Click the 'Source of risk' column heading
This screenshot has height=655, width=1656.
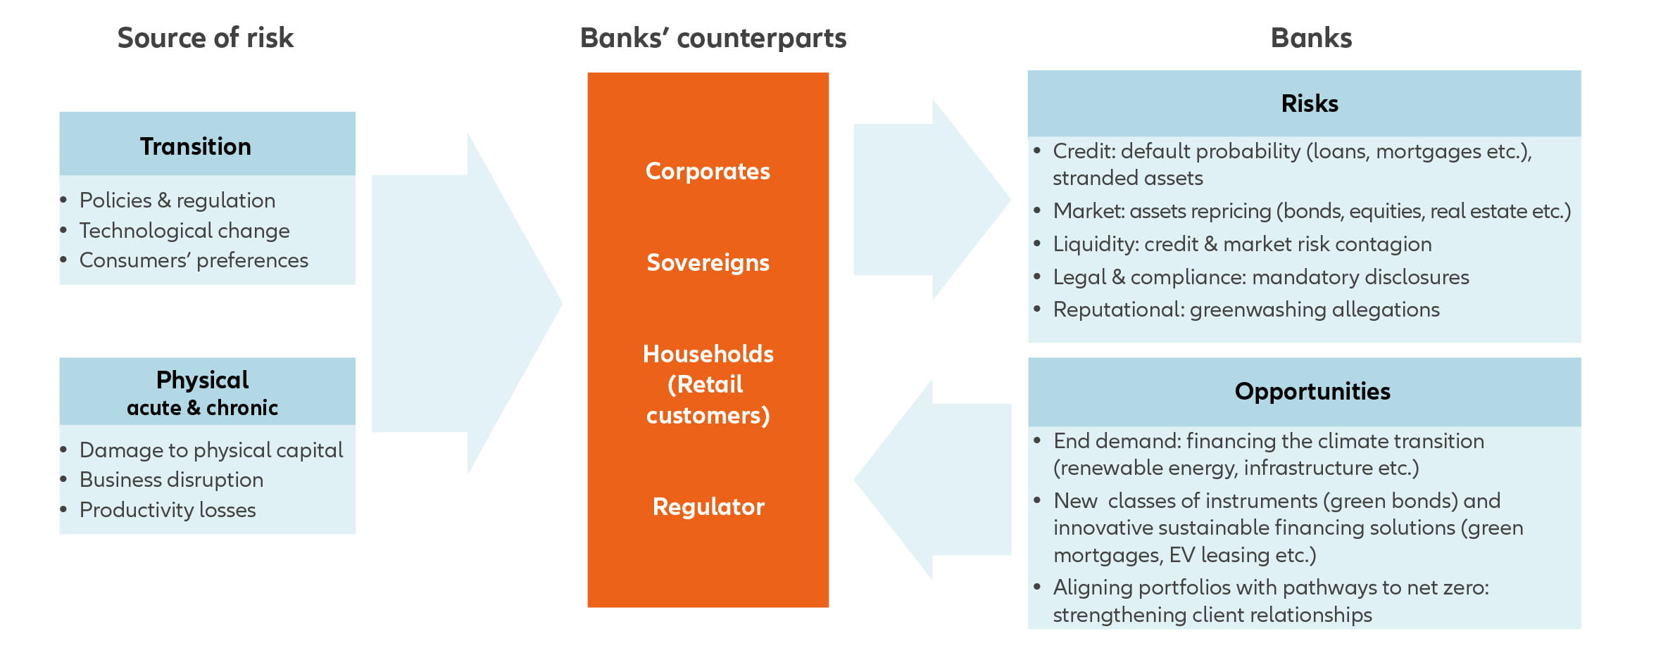[x=205, y=38]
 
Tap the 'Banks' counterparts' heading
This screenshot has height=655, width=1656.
[x=713, y=38]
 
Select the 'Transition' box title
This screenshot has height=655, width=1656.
[x=196, y=146]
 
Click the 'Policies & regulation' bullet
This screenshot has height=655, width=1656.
[x=177, y=201]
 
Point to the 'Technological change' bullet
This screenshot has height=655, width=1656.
[x=184, y=231]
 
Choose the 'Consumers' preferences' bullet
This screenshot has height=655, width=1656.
[x=194, y=260]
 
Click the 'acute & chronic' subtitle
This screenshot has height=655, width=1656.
[x=202, y=408]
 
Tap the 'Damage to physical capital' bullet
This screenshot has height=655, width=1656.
[x=211, y=450]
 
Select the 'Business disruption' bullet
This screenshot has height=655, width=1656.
[x=171, y=480]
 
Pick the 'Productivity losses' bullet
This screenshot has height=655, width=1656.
[x=168, y=510]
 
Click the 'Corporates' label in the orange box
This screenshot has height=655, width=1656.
[x=708, y=171]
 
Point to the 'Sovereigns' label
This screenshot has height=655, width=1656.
[x=708, y=262]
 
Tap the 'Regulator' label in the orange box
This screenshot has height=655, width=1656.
[x=708, y=507]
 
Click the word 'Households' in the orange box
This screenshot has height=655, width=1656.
[x=708, y=354]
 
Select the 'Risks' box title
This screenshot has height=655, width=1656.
[x=1310, y=103]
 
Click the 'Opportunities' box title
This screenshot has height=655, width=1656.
[x=1312, y=391]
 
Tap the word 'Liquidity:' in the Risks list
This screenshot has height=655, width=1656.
[x=1096, y=244]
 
